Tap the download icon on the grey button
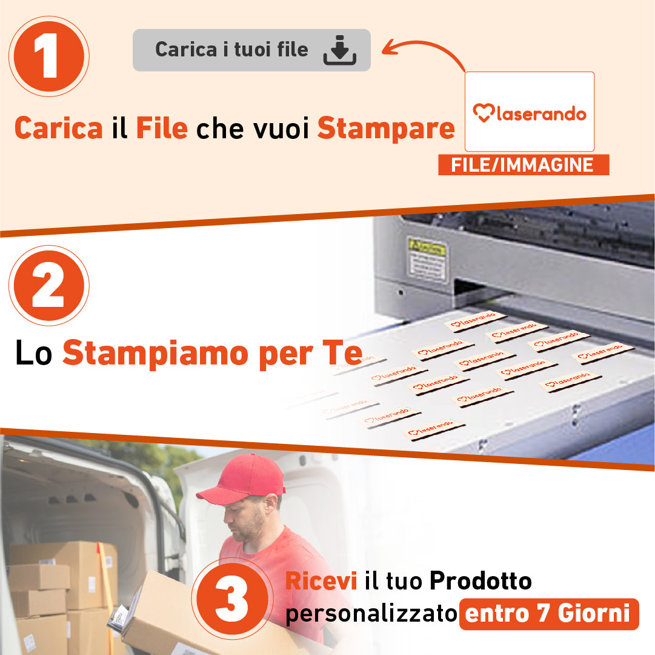(x=339, y=50)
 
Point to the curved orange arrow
(x=424, y=52)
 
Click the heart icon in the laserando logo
(x=483, y=113)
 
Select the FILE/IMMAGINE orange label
(x=523, y=165)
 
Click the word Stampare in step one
(x=385, y=128)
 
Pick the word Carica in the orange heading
(x=58, y=128)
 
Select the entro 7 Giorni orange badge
(x=548, y=614)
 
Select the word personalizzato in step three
(x=371, y=614)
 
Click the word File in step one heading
(x=161, y=128)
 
